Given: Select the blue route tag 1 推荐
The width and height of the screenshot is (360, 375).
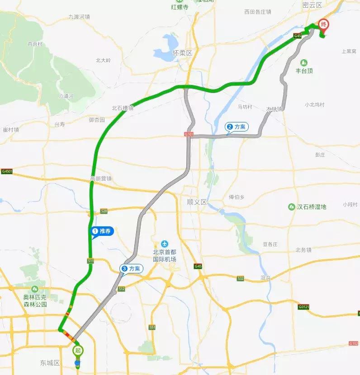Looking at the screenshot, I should pyautogui.click(x=102, y=232).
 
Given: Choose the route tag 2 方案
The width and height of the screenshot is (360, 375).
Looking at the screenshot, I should pyautogui.click(x=237, y=127).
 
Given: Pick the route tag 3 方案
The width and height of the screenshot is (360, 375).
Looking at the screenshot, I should pyautogui.click(x=131, y=268).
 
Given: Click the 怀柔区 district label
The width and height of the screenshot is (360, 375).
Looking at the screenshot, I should pyautogui.click(x=183, y=53).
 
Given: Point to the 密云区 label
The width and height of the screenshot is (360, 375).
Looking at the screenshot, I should pyautogui.click(x=312, y=5).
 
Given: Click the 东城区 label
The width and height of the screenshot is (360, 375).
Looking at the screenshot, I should pyautogui.click(x=50, y=363).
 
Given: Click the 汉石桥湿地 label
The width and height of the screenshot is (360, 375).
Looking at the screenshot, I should pyautogui.click(x=311, y=206).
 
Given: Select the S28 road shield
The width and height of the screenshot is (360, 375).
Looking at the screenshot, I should pyautogui.click(x=104, y=211).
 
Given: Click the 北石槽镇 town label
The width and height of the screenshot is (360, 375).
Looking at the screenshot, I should pyautogui.click(x=123, y=108).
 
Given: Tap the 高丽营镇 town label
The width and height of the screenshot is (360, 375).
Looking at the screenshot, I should pyautogui.click(x=101, y=178).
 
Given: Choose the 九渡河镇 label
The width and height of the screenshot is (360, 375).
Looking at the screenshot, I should pyautogui.click(x=79, y=17).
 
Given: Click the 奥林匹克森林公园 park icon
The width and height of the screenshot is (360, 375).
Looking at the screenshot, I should pyautogui.click(x=35, y=289).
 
